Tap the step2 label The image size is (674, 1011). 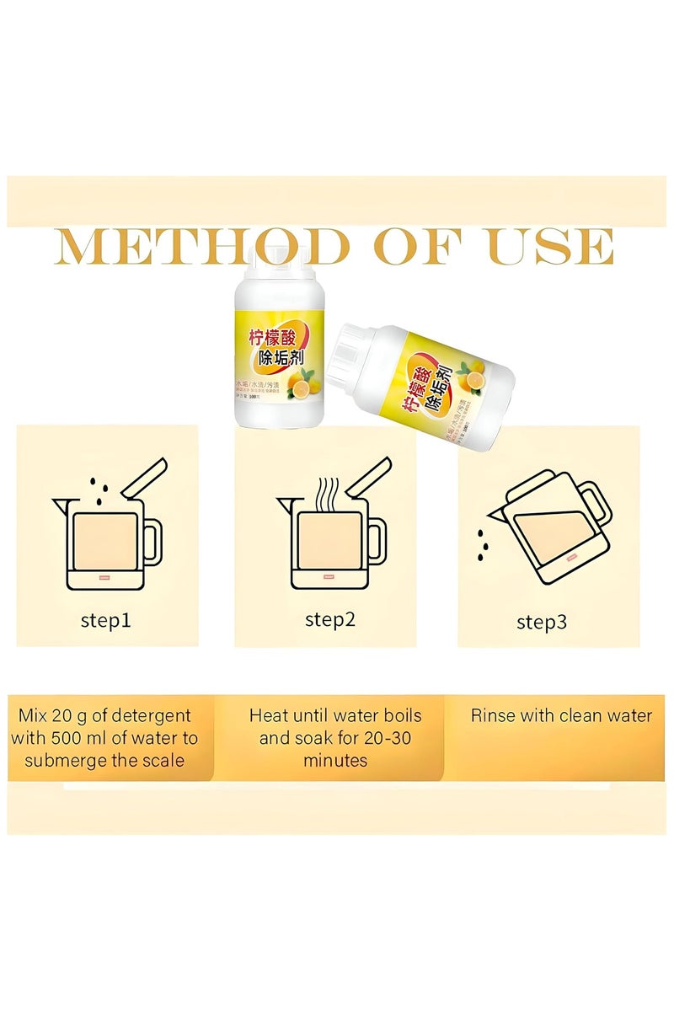click(330, 620)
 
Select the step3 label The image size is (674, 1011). click(542, 623)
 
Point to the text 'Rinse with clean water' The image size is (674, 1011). click(561, 716)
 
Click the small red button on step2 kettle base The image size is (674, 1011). click(329, 577)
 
